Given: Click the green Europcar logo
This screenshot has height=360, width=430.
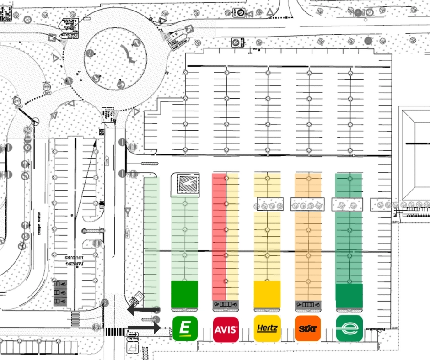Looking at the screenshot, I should tap(185, 328).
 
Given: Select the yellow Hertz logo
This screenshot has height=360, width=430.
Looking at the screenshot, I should tap(267, 328).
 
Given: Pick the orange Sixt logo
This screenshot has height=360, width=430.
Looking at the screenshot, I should tap(308, 328).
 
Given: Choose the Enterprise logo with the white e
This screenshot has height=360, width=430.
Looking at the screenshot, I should tap(349, 328).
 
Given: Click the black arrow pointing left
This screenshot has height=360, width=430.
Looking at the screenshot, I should tap(143, 311).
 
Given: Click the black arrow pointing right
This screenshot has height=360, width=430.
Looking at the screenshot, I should tap(144, 328).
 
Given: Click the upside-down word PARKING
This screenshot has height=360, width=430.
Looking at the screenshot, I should tap(74, 261).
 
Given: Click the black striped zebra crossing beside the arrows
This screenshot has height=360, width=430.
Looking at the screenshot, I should tap(113, 331).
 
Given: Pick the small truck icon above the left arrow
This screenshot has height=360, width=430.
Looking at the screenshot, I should tap(136, 299).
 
